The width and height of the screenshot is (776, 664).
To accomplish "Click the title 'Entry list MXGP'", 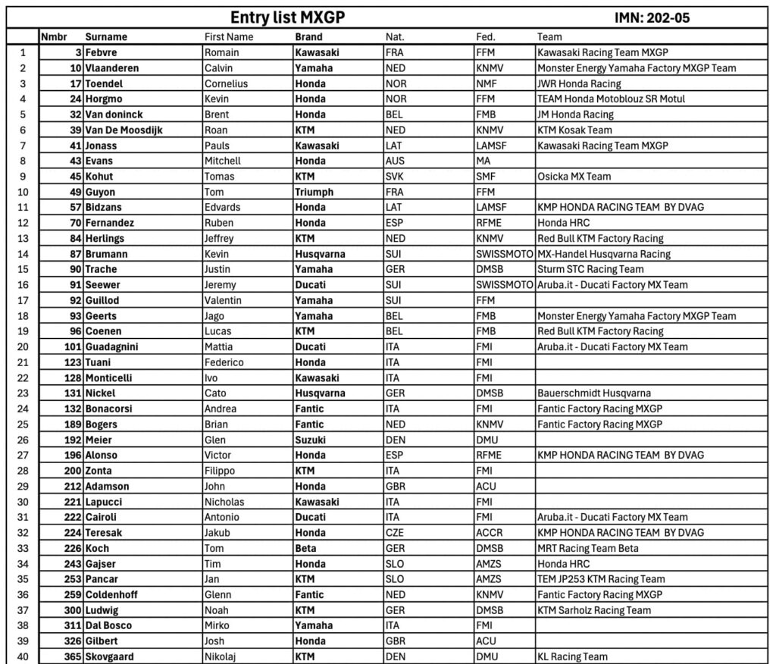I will pos(287,17).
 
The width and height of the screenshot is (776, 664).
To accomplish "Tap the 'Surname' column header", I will pos(106,36).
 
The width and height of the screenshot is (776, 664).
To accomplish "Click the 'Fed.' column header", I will pos(486,36).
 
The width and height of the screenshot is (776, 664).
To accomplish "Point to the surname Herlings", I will pos(105,239).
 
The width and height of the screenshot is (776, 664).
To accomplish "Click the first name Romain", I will pos(221,53).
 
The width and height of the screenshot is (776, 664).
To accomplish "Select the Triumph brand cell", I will pos(314,193).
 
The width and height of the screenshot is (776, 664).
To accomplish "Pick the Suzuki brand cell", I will pos(311,440).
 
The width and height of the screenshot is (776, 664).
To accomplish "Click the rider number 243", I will pos(73,564).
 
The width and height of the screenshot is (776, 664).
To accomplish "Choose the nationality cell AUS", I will pos(395,161).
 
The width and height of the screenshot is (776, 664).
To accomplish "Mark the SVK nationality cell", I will pos(395,177).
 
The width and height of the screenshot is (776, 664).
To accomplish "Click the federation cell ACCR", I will pos(489,533).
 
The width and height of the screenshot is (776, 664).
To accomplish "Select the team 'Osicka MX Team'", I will pos(574,177).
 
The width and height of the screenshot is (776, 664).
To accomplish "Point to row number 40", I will pos(23,656).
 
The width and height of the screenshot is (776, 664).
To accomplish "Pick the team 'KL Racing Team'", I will pos(572,656).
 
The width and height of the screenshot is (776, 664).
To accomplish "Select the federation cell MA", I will pos(483,161).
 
